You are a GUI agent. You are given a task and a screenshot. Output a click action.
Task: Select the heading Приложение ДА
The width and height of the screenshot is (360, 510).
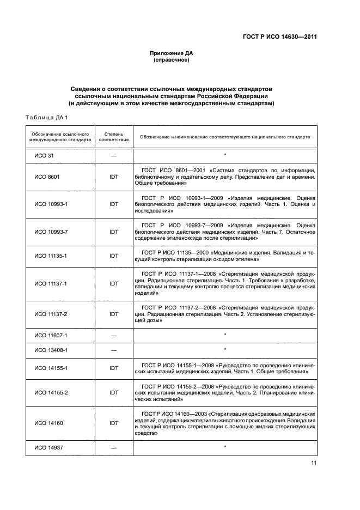(x=172, y=53)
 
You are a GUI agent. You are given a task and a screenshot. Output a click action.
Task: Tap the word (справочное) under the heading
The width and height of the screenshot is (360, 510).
(x=172, y=60)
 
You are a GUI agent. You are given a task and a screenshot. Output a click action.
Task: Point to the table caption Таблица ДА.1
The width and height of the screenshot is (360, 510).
(x=46, y=118)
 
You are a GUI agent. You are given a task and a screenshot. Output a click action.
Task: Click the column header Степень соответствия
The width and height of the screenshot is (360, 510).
(x=114, y=137)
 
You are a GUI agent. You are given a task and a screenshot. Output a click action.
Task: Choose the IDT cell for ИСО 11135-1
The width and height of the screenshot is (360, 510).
(x=114, y=256)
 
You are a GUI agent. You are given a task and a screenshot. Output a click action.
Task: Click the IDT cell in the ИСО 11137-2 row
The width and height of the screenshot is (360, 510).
(x=114, y=314)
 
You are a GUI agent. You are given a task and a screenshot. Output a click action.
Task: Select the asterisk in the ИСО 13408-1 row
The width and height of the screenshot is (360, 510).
(x=225, y=349)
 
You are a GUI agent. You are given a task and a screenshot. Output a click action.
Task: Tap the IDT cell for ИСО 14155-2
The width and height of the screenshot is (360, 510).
(x=114, y=392)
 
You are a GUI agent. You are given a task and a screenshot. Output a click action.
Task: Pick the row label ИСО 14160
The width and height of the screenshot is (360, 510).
(x=47, y=423)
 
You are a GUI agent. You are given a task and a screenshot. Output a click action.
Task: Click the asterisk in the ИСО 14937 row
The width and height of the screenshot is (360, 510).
(x=225, y=447)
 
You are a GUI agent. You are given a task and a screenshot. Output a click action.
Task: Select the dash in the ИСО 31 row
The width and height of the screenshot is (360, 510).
(x=114, y=155)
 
